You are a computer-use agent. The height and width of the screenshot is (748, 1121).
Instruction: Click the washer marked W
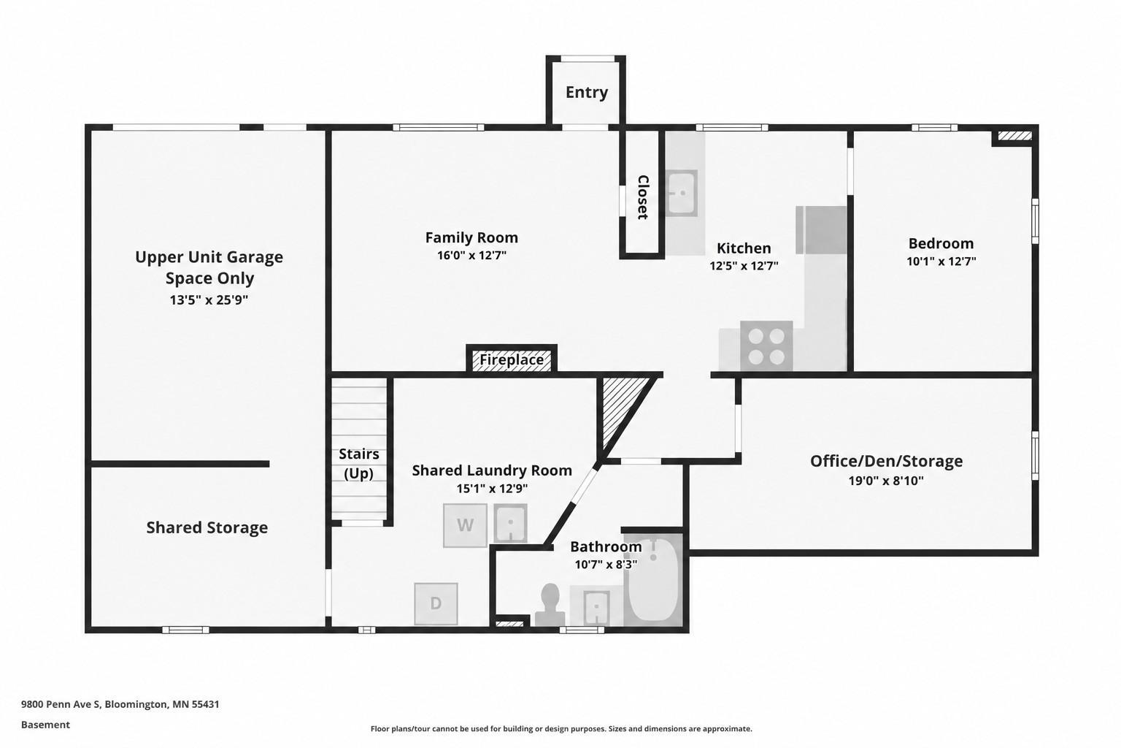[465, 525]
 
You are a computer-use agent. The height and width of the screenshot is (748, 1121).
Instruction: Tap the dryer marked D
[436, 603]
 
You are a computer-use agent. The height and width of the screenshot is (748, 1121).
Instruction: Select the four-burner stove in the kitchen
[766, 346]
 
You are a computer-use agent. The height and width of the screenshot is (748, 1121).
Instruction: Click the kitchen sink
[681, 193]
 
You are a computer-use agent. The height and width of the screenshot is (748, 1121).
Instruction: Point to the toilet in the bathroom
[550, 606]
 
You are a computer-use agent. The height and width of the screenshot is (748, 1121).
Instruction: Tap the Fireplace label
[512, 359]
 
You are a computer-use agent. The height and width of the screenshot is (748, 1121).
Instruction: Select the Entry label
[587, 92]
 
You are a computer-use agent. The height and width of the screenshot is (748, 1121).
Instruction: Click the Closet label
[642, 197]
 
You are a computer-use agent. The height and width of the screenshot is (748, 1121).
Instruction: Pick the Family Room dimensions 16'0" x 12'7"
[472, 256]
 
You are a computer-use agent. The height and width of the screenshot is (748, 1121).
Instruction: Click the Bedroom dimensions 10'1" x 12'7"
[941, 262]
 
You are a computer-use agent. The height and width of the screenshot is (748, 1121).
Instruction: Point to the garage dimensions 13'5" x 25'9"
[209, 300]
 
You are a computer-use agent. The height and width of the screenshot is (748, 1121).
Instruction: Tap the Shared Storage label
[207, 527]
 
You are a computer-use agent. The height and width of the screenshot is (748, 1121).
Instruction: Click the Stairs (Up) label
[359, 464]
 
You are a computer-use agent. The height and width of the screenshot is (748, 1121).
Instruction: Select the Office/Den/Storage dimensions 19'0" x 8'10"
[886, 481]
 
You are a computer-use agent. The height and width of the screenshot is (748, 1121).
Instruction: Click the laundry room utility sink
[510, 523]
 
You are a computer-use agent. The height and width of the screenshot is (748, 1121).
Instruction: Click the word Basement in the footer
[45, 725]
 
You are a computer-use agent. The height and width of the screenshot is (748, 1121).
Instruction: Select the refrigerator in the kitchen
[821, 230]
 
